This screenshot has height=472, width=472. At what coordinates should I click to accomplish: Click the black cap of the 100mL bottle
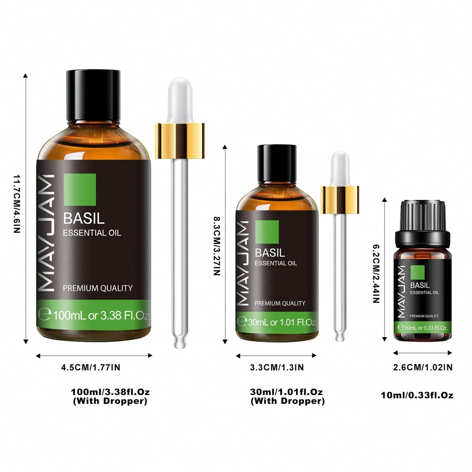(93, 94)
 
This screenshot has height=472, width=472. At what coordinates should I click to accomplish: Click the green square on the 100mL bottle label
(80, 189)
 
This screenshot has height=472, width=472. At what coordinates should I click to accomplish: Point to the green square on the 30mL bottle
(267, 232)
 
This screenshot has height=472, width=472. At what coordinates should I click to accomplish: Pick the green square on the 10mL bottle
(417, 273)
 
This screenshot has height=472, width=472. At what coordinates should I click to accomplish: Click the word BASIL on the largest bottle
(84, 218)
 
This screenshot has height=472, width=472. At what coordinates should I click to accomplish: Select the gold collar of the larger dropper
(179, 141)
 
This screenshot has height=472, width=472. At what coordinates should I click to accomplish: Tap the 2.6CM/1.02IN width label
(423, 367)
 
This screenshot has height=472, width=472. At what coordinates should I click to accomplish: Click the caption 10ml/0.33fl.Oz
(417, 395)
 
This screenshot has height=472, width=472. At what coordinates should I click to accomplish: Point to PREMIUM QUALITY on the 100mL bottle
(98, 288)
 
